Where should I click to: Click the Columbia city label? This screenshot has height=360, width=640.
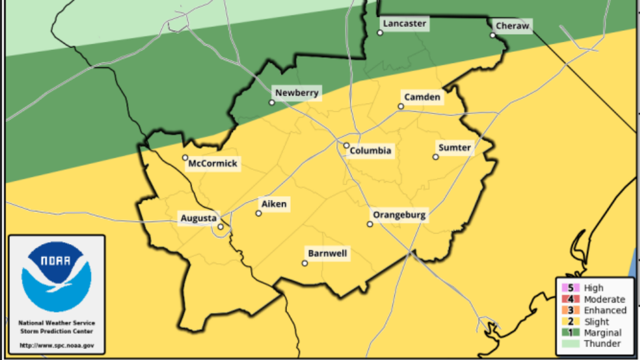click(371, 151)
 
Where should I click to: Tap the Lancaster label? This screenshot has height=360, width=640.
click(405, 24)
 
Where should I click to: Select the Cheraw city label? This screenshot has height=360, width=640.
click(512, 26)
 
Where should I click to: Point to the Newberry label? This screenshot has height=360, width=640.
click(296, 93)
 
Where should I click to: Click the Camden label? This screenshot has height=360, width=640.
click(422, 97)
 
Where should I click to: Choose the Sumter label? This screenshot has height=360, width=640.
click(454, 148)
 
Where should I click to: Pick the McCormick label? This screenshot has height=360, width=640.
click(213, 164)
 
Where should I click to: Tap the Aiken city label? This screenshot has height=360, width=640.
click(274, 204)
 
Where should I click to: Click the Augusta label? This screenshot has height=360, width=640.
click(198, 218)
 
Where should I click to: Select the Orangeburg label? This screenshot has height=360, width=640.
click(400, 215)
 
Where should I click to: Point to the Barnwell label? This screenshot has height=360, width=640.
click(327, 254)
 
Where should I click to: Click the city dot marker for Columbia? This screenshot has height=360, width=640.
click(346, 145)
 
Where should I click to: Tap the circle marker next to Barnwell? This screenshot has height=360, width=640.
click(305, 263)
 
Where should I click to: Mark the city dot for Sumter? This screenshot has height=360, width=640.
click(436, 157)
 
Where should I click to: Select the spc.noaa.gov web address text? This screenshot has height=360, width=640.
click(57, 345)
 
